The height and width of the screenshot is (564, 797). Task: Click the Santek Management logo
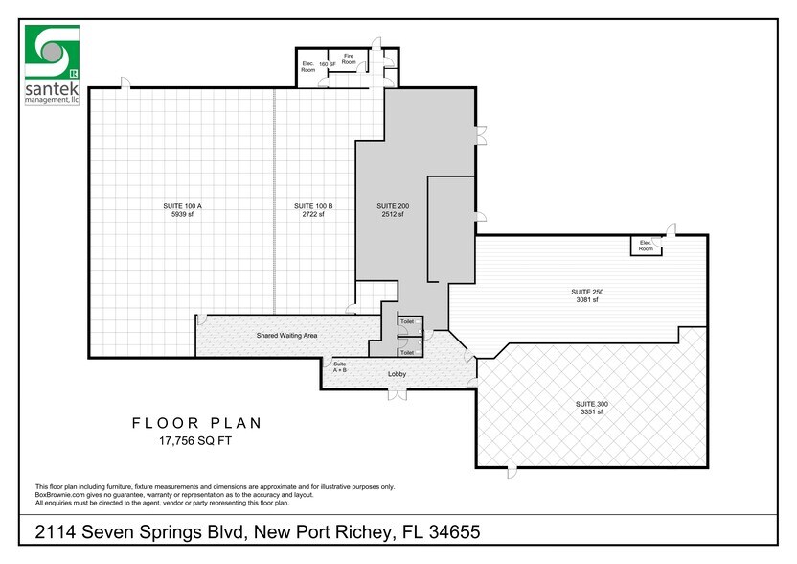pyautogui.click(x=51, y=64)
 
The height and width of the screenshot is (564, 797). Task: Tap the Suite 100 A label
pyautogui.click(x=180, y=206)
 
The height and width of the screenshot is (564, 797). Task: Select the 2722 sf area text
pyautogui.click(x=313, y=215)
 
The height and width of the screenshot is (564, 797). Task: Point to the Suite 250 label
pyautogui.click(x=586, y=292)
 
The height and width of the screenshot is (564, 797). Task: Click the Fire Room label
pyautogui.click(x=349, y=59)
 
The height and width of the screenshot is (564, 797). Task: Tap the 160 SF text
pyautogui.click(x=327, y=64)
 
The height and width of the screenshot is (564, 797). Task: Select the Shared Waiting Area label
pyautogui.click(x=286, y=336)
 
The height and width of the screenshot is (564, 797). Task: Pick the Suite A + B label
pyautogui.click(x=340, y=367)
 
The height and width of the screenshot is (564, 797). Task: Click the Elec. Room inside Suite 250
pyautogui.click(x=646, y=246)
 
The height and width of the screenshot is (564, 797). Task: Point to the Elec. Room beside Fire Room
pyautogui.click(x=308, y=67)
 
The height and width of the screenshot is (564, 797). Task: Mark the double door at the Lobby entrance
pyautogui.click(x=398, y=393)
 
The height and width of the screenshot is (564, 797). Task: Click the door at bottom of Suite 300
pyautogui.click(x=513, y=470)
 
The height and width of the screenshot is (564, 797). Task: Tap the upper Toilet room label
pyautogui.click(x=406, y=321)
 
